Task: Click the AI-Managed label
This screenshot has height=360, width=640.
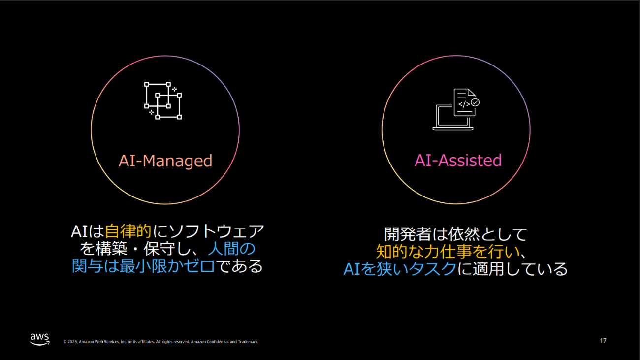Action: pos(165,161)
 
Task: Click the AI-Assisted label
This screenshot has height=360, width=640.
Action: pos(458,160)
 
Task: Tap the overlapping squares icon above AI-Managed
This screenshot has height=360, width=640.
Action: pos(163,100)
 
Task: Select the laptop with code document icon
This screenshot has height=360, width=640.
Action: pos(456,109)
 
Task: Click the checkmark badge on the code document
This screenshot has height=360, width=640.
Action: pos(475,102)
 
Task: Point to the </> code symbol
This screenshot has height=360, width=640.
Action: pos(464,104)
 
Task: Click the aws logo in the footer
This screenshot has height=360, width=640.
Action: pos(40,339)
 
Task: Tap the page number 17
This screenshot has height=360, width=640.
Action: pos(603,341)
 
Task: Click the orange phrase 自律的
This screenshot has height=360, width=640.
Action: pos(128,231)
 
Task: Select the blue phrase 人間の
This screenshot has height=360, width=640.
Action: pos(232,249)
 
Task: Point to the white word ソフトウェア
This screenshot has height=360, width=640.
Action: pos(217,231)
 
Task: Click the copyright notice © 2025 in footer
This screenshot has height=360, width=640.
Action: pos(70,342)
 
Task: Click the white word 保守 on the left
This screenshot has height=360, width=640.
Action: pos(160,249)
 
